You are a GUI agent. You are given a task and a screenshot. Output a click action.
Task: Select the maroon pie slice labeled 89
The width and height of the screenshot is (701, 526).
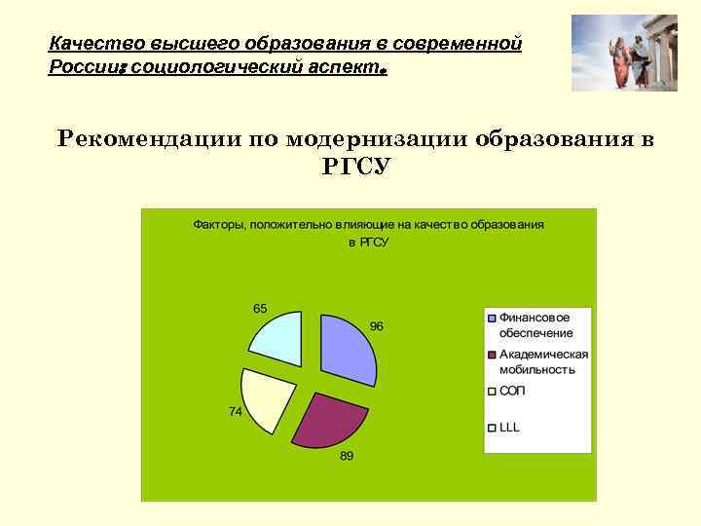click(x=329, y=417)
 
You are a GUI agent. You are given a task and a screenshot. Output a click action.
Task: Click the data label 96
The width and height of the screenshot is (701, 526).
click(x=376, y=326)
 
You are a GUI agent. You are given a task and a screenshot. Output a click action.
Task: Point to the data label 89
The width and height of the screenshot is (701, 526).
click(x=346, y=456)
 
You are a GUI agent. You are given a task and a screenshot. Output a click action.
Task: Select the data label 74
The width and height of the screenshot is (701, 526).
click(x=236, y=412)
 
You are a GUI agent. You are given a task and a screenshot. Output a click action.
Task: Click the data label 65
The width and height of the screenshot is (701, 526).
click(x=260, y=308)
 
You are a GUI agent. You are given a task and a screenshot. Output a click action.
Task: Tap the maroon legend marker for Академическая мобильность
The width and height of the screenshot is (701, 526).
click(x=493, y=356)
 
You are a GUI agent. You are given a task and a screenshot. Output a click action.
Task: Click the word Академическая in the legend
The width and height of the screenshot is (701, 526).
click(x=544, y=355)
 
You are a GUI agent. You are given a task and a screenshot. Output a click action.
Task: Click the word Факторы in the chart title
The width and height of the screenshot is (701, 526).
click(x=219, y=224)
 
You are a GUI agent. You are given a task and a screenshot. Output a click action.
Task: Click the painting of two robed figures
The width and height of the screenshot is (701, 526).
click(x=623, y=53)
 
